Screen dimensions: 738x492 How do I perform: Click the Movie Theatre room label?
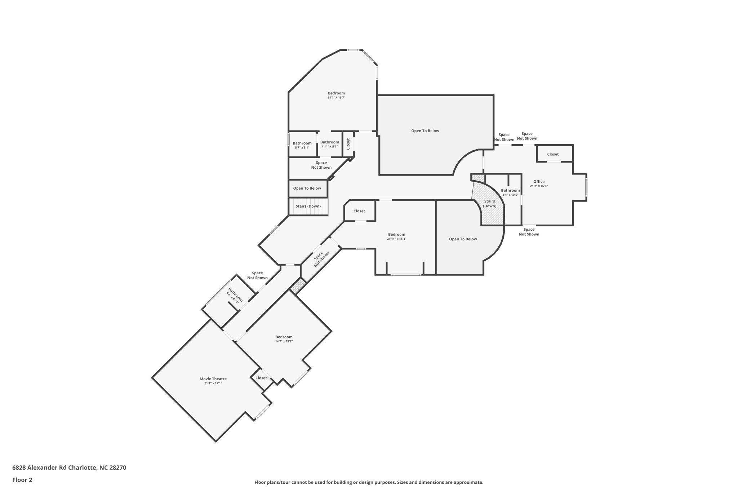213,379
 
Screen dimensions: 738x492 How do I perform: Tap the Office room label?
539,182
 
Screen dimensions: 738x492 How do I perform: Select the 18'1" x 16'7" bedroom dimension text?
336,98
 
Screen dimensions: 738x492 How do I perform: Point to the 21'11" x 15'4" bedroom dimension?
397,239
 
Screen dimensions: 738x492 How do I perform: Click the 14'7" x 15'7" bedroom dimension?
284,341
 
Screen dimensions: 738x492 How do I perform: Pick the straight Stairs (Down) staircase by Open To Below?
308,207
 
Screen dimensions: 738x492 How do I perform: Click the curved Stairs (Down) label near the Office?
489,204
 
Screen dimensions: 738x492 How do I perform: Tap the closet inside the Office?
555,154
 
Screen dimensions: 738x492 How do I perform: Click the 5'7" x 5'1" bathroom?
303,144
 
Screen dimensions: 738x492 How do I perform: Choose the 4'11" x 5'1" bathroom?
330,144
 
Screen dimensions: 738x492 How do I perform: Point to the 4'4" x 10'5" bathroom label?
510,192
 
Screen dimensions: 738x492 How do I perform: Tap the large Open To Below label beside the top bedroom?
425,131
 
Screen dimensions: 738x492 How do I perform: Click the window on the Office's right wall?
586,187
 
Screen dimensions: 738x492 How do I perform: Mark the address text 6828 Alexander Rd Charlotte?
54,467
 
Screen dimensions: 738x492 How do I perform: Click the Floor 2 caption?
22,480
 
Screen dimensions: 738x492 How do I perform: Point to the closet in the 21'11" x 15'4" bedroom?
360,210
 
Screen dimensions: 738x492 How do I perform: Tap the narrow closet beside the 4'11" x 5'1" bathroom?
348,144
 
